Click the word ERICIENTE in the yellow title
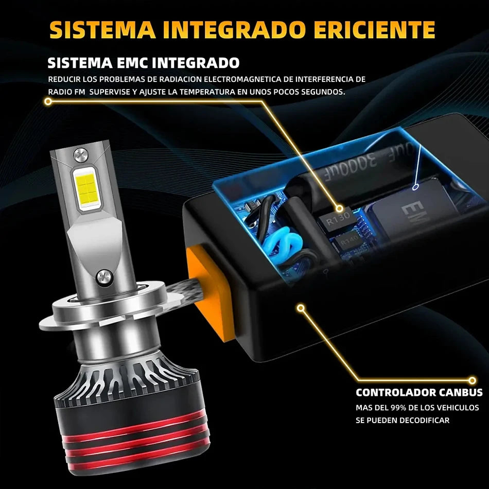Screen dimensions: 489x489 [374, 30]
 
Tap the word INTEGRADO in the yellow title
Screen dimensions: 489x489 [234, 30]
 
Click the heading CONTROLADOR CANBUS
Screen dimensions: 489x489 [419, 392]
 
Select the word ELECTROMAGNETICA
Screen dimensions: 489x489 [242, 79]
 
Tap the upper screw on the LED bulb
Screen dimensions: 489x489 [80, 155]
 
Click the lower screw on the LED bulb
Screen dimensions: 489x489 [104, 277]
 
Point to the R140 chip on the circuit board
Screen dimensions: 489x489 [348, 242]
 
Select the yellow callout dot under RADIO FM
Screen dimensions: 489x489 [48, 101]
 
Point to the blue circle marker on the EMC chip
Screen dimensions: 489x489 [415, 187]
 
